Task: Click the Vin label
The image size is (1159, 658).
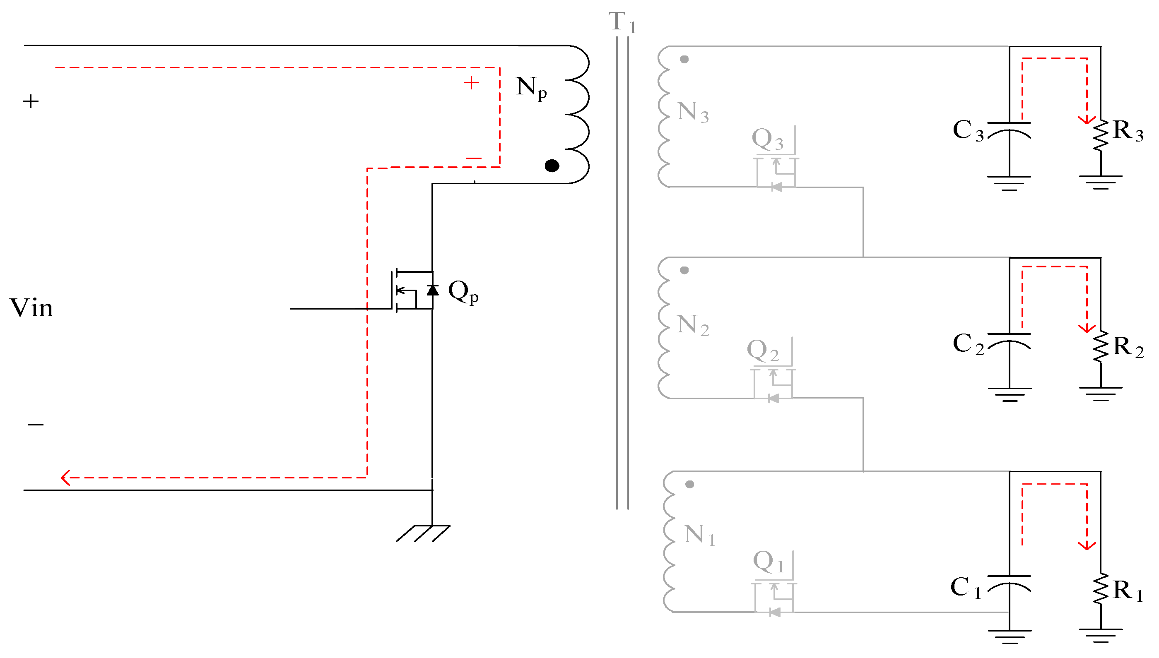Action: click(31, 308)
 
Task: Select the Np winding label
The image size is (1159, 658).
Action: click(531, 87)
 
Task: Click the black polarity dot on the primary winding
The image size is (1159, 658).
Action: click(552, 166)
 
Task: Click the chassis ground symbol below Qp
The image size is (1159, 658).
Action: click(423, 533)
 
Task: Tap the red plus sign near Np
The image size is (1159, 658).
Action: click(471, 83)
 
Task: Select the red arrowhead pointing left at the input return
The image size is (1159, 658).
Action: click(66, 477)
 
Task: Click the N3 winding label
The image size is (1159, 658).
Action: click(692, 112)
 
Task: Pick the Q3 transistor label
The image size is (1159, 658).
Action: click(767, 139)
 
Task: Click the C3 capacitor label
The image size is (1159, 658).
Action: click(968, 131)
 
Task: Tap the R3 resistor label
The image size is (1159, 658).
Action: click(1128, 131)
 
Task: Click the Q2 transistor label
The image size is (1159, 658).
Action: click(762, 350)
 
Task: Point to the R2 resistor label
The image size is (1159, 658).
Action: click(1128, 347)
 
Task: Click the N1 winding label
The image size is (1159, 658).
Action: click(699, 535)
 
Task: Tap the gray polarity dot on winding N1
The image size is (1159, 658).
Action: click(689, 485)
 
